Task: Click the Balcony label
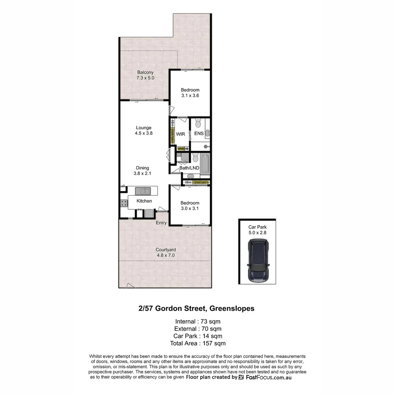pyautogui.click(x=145, y=72)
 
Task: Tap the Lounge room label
pyautogui.click(x=143, y=128)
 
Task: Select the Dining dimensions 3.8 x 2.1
pyautogui.click(x=143, y=174)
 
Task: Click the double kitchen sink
pyautogui.click(x=143, y=191)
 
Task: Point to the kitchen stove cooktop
pyautogui.click(x=124, y=203)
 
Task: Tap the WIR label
pyautogui.click(x=181, y=134)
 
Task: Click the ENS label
pyautogui.click(x=199, y=133)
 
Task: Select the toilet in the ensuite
pyautogui.click(x=198, y=122)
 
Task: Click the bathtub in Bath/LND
pyautogui.click(x=205, y=164)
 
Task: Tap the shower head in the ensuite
pyautogui.click(x=206, y=147)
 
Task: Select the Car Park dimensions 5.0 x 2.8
pyautogui.click(x=257, y=232)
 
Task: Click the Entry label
pyautogui.click(x=161, y=223)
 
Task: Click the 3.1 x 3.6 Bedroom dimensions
pyautogui.click(x=190, y=95)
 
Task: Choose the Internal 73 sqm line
pyautogui.click(x=197, y=321)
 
